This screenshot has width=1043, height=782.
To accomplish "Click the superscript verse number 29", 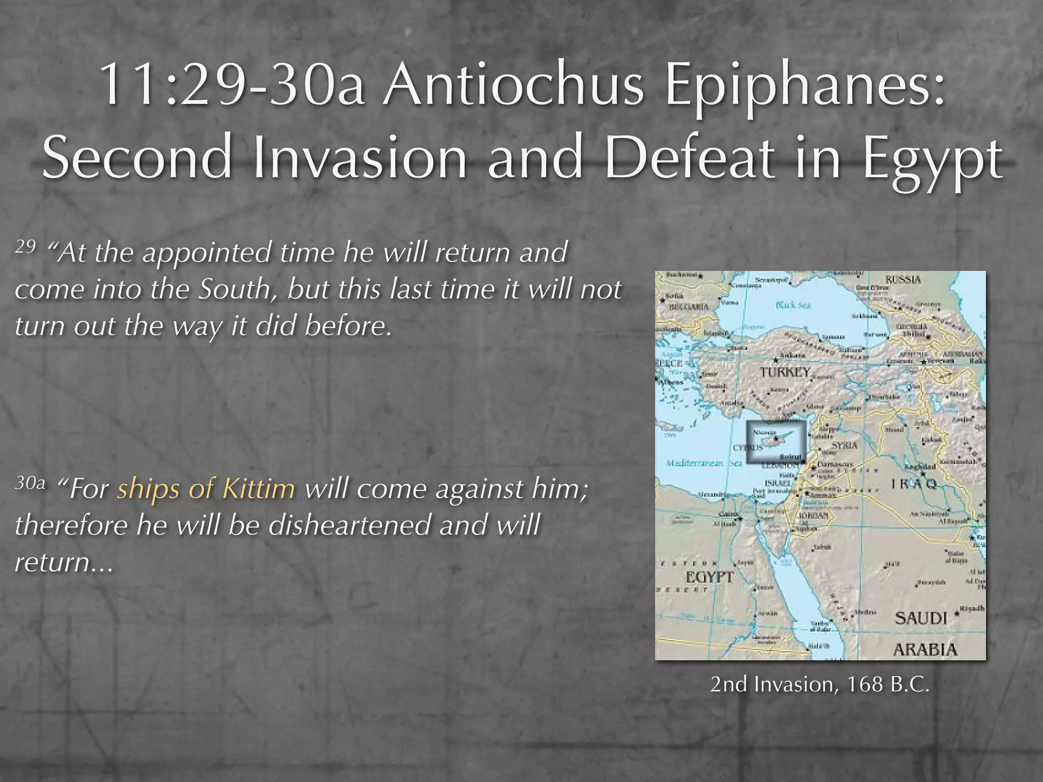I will click(x=25, y=246).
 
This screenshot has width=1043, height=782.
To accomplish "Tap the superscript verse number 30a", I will click(x=30, y=483).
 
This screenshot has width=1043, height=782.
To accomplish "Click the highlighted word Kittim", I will click(x=259, y=489).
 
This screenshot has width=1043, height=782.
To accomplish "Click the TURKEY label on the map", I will click(x=785, y=372).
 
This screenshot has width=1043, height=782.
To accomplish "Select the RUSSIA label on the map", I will click(x=903, y=280).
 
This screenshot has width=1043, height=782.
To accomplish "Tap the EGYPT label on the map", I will click(x=709, y=577).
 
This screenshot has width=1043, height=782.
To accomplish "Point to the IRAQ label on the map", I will click(x=914, y=484).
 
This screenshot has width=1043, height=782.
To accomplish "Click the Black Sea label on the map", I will click(x=792, y=305).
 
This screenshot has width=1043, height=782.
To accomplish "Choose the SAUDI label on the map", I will click(x=921, y=618).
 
